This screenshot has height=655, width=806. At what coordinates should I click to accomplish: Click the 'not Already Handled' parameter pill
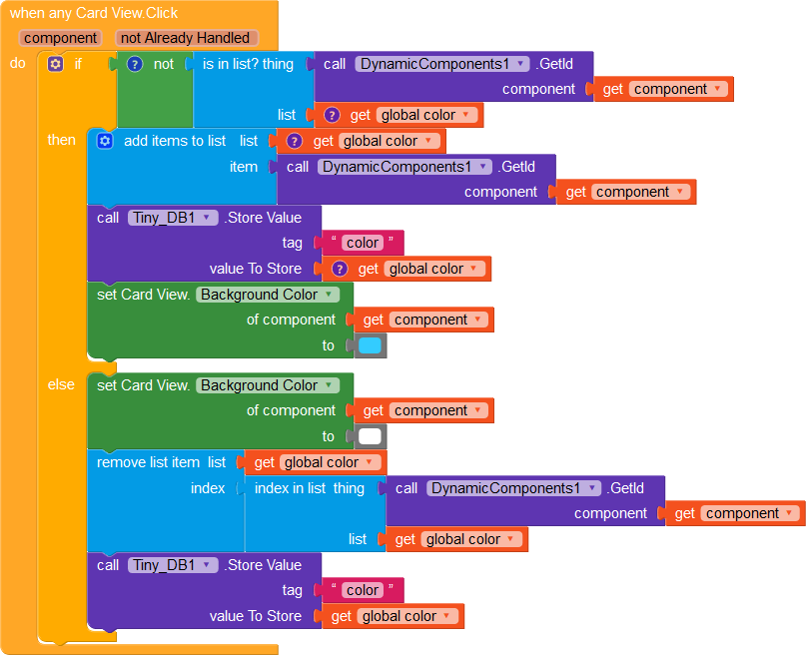[x=187, y=38]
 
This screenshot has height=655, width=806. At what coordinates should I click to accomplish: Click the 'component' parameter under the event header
[x=61, y=38]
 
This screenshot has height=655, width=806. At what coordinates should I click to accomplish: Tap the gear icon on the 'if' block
[x=55, y=64]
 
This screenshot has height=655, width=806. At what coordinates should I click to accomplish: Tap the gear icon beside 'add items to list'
[x=105, y=141]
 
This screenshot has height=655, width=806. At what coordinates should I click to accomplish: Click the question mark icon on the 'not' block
[x=134, y=64]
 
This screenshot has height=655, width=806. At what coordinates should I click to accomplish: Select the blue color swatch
[x=370, y=345]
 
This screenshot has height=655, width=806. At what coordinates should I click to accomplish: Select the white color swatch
[x=370, y=436]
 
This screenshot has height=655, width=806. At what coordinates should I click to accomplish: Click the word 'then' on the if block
[x=62, y=140]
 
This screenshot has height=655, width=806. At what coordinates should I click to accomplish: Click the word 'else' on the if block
[x=62, y=384]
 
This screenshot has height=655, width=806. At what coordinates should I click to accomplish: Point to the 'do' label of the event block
[x=18, y=63]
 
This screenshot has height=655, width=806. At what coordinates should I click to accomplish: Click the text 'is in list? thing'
[x=248, y=64]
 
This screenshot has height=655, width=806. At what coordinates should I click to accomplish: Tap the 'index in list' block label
[x=290, y=488]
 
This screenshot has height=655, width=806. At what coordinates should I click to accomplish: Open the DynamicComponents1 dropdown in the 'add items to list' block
[x=404, y=167]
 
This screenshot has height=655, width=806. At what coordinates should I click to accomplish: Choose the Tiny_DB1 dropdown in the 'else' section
[x=173, y=565]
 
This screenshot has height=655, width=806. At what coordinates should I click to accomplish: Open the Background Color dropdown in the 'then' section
[x=268, y=295]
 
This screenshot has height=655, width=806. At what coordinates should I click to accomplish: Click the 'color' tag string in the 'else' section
[x=363, y=590]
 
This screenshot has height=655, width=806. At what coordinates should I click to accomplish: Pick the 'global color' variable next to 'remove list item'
[x=329, y=462]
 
